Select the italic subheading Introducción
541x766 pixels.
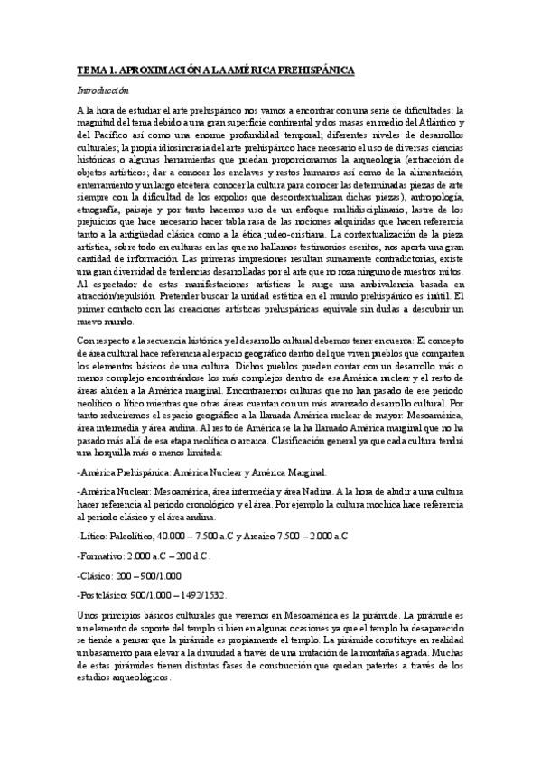pyautogui.click(x=104, y=90)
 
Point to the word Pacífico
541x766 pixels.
pyautogui.click(x=115, y=134)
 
